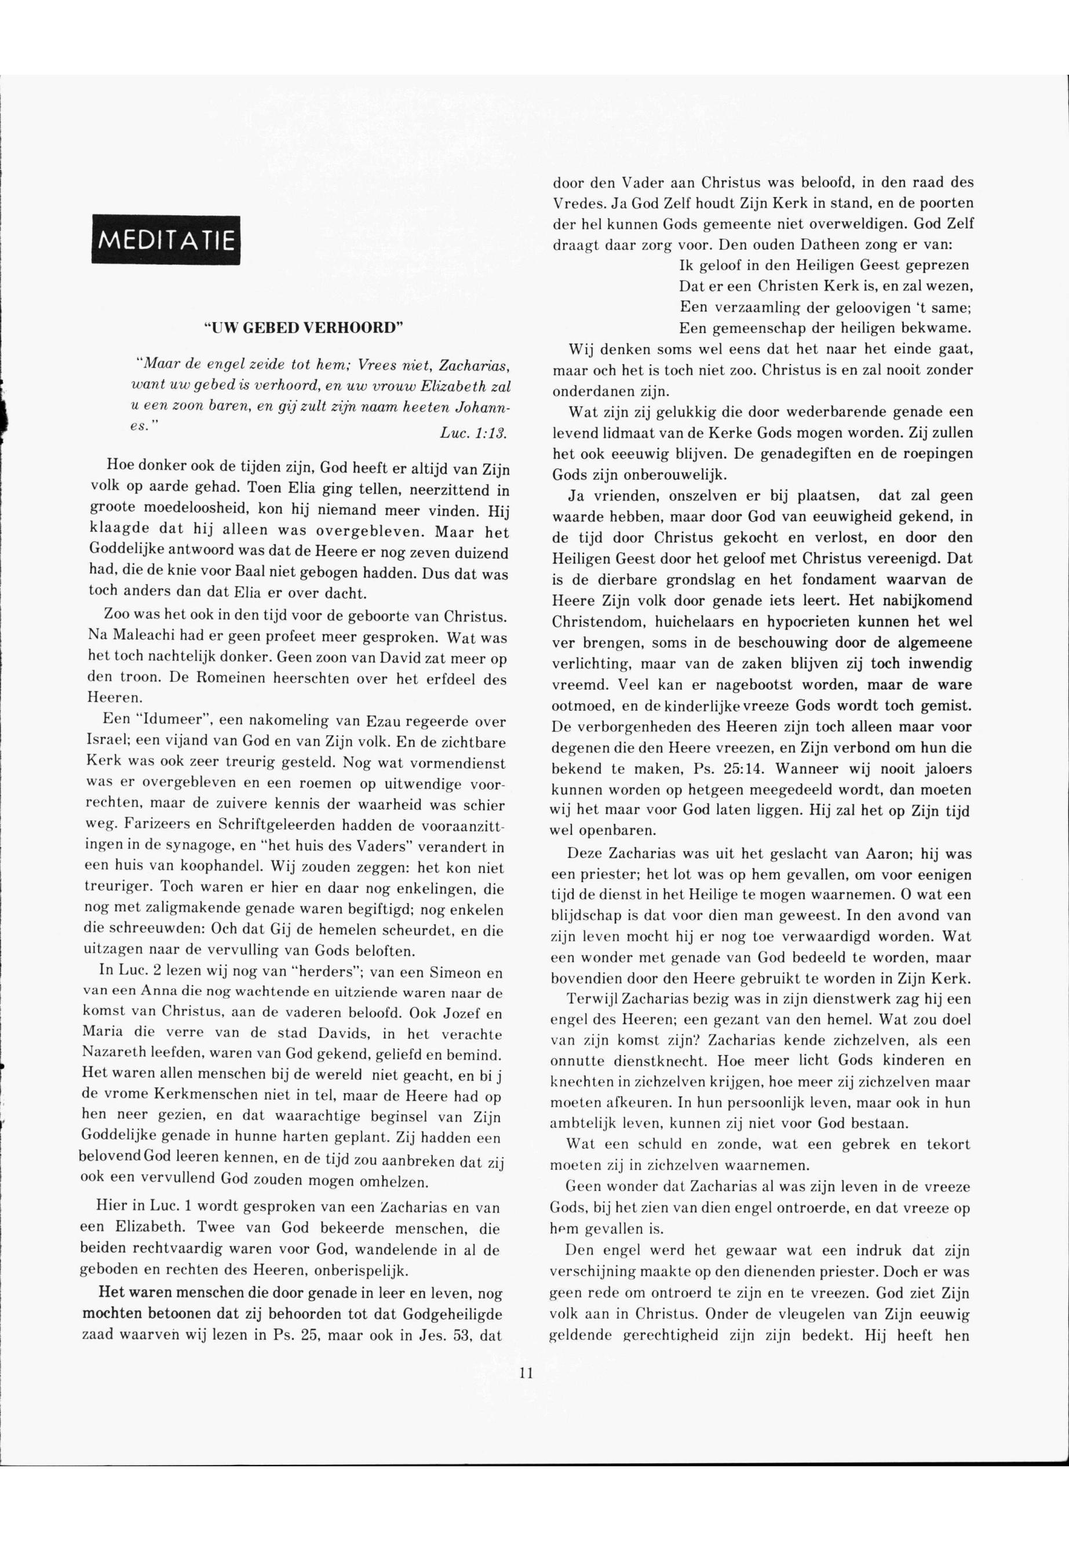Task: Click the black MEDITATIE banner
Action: (x=166, y=239)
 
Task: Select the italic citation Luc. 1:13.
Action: (x=473, y=434)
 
